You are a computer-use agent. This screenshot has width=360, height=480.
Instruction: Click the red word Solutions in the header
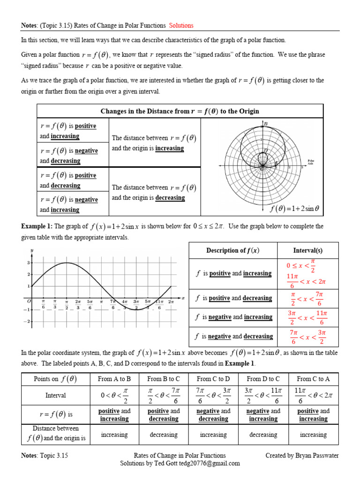(181, 25)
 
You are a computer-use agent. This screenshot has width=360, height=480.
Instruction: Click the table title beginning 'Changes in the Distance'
(180, 111)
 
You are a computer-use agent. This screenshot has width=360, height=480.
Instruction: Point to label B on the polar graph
(266, 124)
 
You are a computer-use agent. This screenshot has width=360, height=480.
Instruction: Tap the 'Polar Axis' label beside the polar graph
(310, 161)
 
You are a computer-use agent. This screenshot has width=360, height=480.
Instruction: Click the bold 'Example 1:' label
(37, 226)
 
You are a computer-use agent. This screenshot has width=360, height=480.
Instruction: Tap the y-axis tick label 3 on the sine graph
(28, 263)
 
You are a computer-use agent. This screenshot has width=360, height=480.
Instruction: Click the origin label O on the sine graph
(29, 301)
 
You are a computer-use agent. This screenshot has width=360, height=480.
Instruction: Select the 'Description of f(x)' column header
(232, 250)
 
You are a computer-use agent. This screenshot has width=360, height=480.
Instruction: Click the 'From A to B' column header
(114, 379)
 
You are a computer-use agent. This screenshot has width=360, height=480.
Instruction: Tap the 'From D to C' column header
(263, 379)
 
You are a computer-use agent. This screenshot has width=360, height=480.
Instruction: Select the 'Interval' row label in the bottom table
(56, 396)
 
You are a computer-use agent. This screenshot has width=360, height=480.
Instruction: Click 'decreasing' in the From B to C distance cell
(164, 435)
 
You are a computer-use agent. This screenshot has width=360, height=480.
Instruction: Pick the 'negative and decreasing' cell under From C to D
(213, 415)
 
